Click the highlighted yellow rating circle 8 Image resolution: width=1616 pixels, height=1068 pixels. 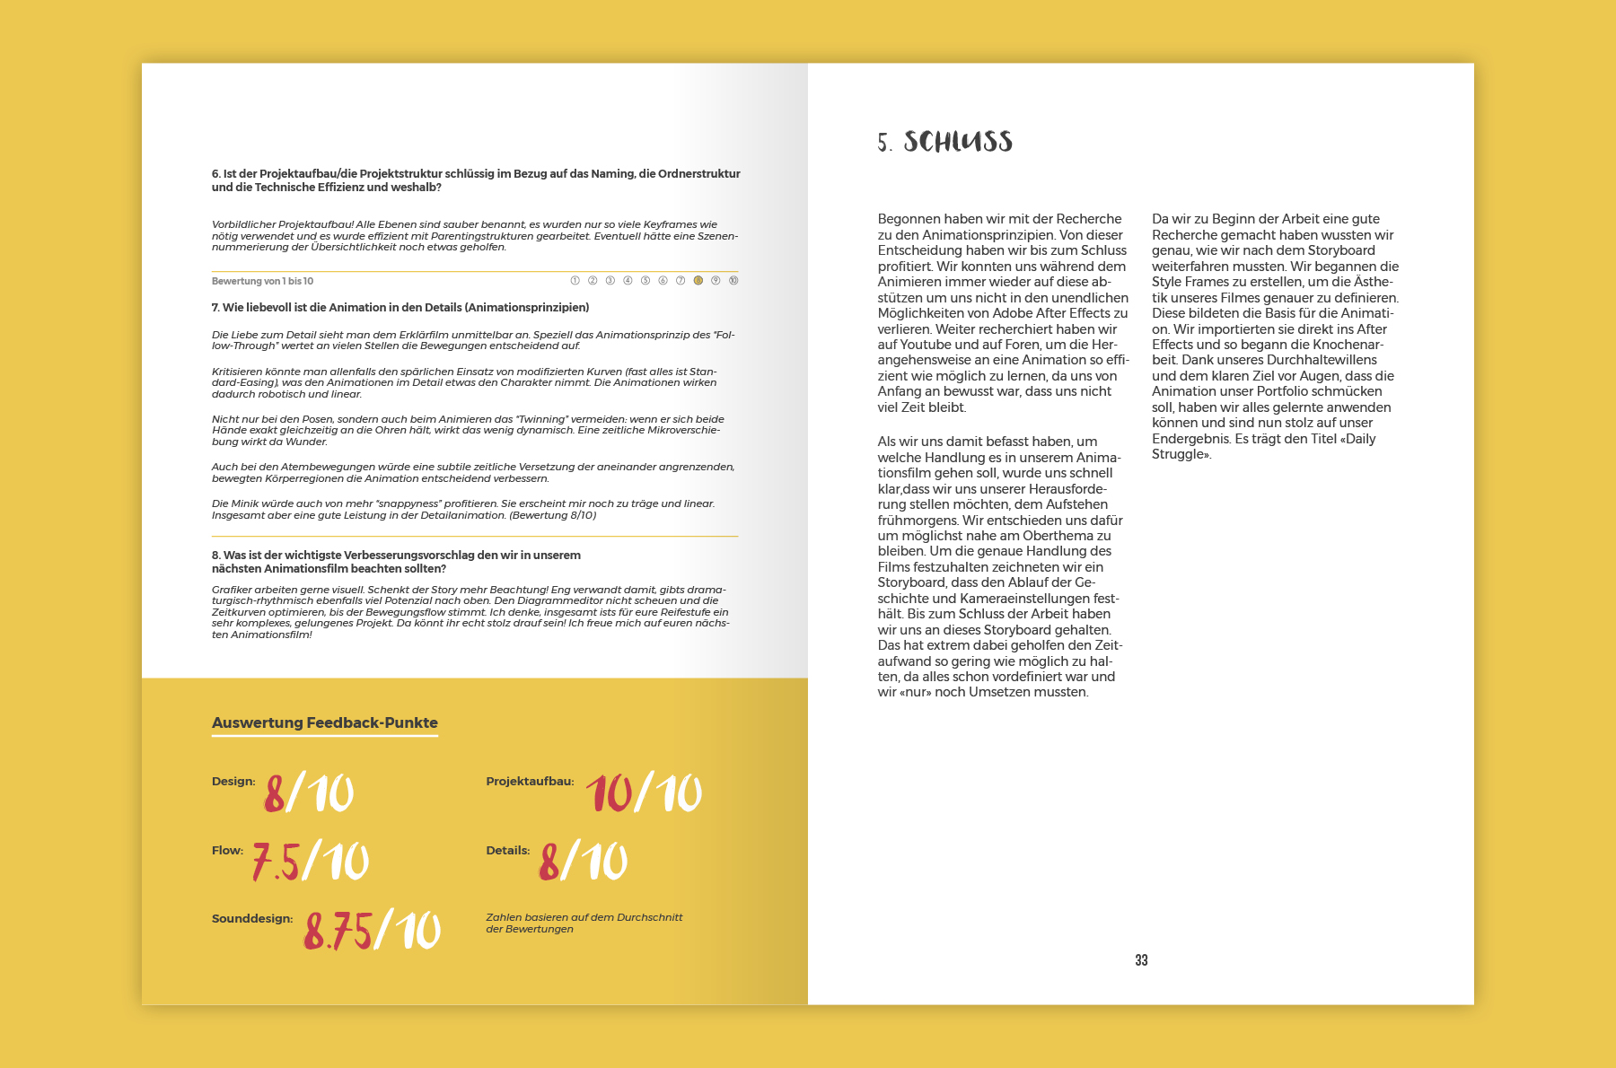[x=698, y=281]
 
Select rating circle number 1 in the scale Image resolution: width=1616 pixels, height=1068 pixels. [x=575, y=281]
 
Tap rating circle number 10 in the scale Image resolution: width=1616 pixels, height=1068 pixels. [x=733, y=281]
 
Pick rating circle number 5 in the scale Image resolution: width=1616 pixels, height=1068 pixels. [x=646, y=281]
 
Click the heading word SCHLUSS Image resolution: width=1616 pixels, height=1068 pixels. [x=958, y=142]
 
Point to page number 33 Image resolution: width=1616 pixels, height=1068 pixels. [x=1141, y=960]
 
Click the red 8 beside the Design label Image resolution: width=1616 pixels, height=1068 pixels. [x=275, y=793]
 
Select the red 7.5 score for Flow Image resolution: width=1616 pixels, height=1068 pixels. [x=275, y=862]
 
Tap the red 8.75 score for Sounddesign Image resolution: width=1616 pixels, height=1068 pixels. [x=338, y=930]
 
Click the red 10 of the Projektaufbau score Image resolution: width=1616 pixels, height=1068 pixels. [x=610, y=793]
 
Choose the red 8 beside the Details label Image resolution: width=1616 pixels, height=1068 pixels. [x=549, y=862]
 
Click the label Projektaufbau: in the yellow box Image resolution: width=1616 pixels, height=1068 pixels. [x=530, y=782]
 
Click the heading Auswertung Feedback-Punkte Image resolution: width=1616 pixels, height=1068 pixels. [x=325, y=723]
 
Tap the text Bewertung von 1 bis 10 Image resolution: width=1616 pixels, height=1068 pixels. [x=262, y=282]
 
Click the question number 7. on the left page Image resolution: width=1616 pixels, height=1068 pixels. [x=215, y=308]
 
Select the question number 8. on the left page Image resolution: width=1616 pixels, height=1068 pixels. [x=215, y=556]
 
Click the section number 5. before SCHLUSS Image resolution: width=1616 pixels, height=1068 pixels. [x=884, y=144]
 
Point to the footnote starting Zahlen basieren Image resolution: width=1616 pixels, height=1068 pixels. [x=584, y=923]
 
